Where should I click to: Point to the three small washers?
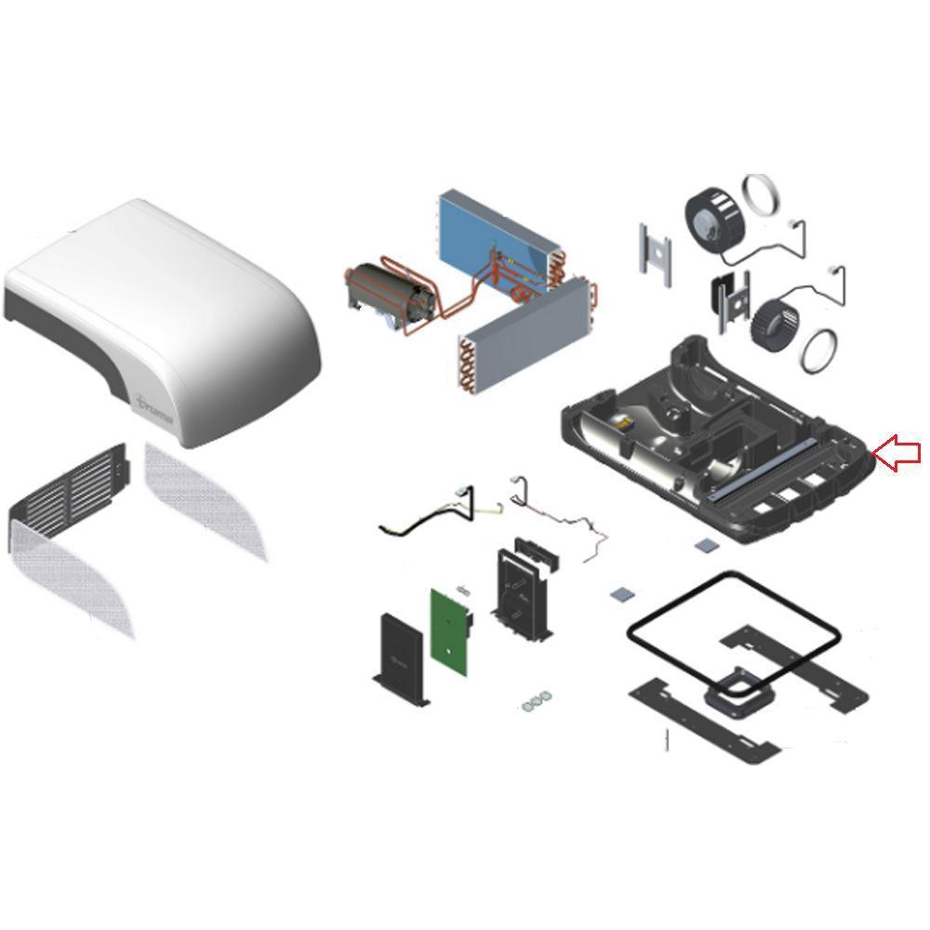click(534, 701)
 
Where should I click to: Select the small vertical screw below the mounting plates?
click(667, 741)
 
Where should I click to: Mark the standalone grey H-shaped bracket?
click(655, 248)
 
